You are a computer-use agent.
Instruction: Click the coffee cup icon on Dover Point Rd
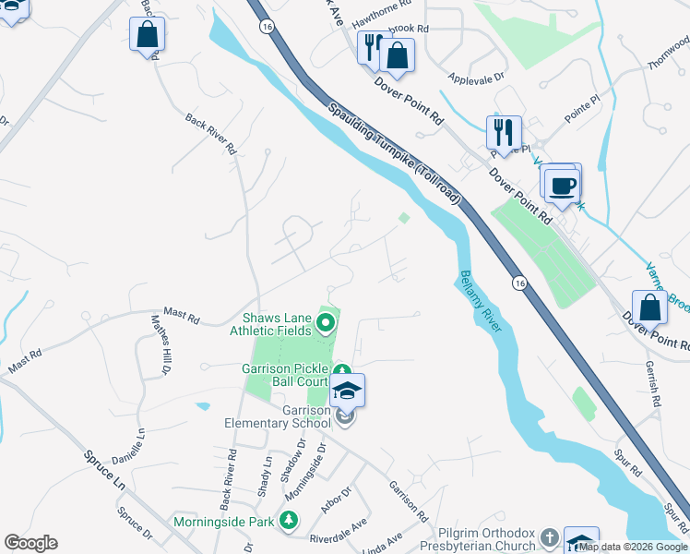562,184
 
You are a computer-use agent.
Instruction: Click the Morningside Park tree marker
288,522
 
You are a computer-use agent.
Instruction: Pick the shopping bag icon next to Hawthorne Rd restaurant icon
397,55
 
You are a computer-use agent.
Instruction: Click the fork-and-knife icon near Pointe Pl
504,131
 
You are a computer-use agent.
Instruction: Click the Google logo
30,543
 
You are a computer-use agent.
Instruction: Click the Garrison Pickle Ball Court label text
285,374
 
